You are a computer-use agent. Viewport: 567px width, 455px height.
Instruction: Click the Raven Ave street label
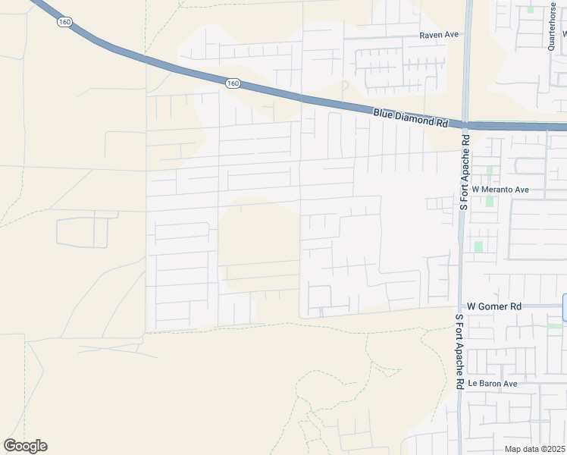(x=440, y=35)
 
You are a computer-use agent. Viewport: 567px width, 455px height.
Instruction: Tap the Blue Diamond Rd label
(x=411, y=117)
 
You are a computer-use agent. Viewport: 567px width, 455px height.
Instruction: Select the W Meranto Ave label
(x=500, y=189)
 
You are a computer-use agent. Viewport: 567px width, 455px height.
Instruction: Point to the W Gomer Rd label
(x=495, y=306)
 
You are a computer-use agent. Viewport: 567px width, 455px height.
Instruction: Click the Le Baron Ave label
(x=492, y=384)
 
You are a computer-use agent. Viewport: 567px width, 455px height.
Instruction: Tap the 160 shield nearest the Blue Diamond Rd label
(x=233, y=83)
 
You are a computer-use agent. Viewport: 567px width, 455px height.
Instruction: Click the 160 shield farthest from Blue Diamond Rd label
(x=64, y=22)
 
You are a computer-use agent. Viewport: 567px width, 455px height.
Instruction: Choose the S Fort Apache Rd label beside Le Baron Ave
(x=459, y=353)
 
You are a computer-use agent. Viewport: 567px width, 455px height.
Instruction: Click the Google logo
(x=25, y=446)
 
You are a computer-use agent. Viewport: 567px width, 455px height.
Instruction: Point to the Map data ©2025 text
(x=535, y=449)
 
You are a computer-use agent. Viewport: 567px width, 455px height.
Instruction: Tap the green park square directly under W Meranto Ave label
(x=490, y=202)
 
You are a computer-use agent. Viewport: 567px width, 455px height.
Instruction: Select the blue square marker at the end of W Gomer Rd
(x=565, y=307)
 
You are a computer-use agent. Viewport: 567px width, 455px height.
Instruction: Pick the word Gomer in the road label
(x=497, y=306)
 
